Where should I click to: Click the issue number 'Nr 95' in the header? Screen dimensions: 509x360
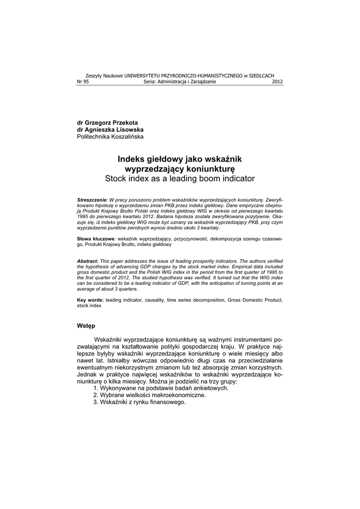pyautogui.click(x=82, y=82)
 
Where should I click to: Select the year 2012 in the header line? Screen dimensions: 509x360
pyautogui.click(x=277, y=82)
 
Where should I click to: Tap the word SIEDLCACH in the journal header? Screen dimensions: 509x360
pyautogui.click(x=262, y=75)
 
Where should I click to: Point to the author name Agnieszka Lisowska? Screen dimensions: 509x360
pyautogui.click(x=110, y=129)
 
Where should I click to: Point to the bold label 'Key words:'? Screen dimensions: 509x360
pyautogui.click(x=90, y=300)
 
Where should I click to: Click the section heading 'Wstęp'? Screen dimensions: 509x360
pyautogui.click(x=88, y=326)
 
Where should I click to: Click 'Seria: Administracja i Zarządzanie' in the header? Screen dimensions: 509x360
pyautogui.click(x=180, y=82)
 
